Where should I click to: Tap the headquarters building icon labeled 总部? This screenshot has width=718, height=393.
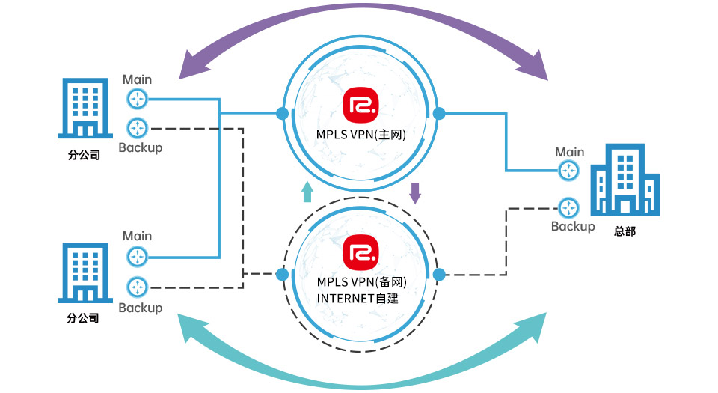pyautogui.click(x=625, y=183)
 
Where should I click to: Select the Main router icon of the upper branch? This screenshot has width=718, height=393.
pyautogui.click(x=137, y=98)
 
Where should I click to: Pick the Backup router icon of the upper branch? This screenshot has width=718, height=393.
pyautogui.click(x=137, y=127)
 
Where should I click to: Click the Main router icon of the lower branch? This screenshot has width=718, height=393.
pyautogui.click(x=137, y=257)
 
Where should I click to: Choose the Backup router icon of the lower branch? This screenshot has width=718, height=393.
pyautogui.click(x=137, y=287)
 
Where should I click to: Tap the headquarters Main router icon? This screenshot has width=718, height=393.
pyautogui.click(x=569, y=171)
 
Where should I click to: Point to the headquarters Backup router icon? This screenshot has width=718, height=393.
pyautogui.click(x=569, y=207)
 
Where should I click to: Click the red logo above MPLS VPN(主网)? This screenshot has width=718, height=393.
pyautogui.click(x=360, y=106)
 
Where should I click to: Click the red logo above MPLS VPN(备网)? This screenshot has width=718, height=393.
pyautogui.click(x=360, y=252)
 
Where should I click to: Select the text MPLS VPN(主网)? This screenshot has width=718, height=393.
pyautogui.click(x=360, y=135)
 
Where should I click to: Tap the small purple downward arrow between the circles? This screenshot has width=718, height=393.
pyautogui.click(x=416, y=193)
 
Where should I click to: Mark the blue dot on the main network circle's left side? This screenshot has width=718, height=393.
pyautogui.click(x=282, y=114)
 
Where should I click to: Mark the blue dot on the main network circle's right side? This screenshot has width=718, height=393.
pyautogui.click(x=439, y=114)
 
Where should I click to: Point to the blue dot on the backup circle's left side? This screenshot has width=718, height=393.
pyautogui.click(x=282, y=274)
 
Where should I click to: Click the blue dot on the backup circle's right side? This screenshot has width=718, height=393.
pyautogui.click(x=439, y=274)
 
